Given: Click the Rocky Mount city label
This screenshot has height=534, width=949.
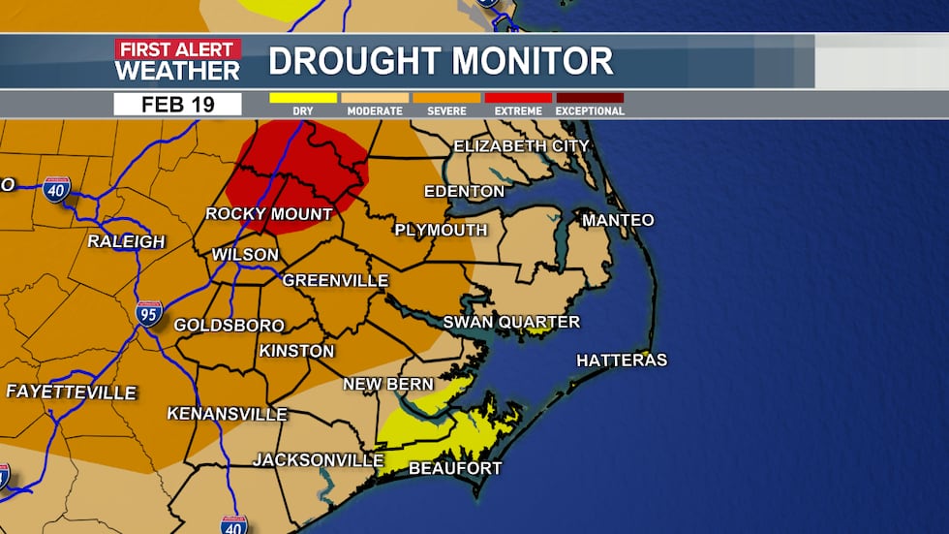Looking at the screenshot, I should click(268, 214).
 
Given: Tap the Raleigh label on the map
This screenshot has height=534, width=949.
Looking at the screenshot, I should click(126, 241).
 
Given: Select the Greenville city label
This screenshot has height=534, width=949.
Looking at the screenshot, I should click(335, 281).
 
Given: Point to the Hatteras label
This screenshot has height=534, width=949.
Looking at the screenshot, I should click(622, 361).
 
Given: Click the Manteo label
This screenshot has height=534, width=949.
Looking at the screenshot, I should click(618, 221).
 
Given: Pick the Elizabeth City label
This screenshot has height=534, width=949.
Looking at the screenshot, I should click(521, 146).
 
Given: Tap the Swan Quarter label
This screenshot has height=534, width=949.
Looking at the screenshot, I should click(511, 322).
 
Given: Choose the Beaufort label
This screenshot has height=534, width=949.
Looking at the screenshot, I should click(455, 469).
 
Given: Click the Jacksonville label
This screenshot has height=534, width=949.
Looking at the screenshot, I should click(319, 459).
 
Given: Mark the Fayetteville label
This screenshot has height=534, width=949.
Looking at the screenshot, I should click(71, 393).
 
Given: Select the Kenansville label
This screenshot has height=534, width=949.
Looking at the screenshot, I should click(227, 414).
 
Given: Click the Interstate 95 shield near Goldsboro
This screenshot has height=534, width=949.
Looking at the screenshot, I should click(149, 313).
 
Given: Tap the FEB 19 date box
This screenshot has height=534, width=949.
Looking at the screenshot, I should click(177, 105).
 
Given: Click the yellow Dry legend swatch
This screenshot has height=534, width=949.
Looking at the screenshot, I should click(303, 98).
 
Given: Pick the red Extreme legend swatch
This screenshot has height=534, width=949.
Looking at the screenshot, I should click(518, 98).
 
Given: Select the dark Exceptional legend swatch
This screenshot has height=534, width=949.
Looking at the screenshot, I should click(590, 98).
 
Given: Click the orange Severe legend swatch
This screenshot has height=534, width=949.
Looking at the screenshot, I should click(446, 98).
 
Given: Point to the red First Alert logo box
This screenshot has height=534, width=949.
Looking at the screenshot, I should click(177, 48).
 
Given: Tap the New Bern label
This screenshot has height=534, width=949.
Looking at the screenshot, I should click(388, 385).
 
